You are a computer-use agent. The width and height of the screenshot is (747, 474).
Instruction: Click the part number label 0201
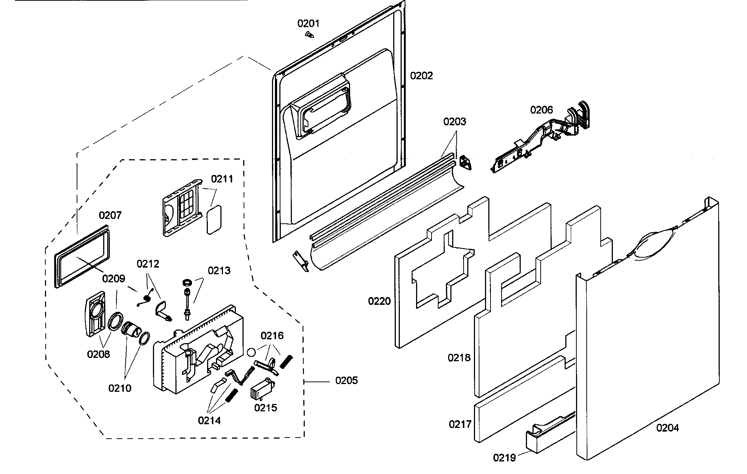click(308, 24)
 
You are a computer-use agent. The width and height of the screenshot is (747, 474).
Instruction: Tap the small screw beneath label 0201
click(310, 35)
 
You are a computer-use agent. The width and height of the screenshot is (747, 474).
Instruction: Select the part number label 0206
click(541, 109)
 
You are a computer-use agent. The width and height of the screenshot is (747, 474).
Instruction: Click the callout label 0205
click(346, 380)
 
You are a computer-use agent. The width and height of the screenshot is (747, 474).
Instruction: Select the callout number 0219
click(505, 458)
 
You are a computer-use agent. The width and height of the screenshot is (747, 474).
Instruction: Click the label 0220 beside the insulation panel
click(379, 301)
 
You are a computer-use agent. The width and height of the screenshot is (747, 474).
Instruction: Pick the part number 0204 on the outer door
click(667, 428)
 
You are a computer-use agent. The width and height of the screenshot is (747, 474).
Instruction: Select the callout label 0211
click(222, 179)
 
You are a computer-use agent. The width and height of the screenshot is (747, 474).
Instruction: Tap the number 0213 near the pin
click(219, 271)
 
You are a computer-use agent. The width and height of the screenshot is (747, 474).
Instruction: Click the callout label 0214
click(209, 420)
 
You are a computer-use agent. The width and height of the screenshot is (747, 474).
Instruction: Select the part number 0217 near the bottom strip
click(460, 424)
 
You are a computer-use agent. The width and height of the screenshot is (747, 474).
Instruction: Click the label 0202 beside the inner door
click(421, 76)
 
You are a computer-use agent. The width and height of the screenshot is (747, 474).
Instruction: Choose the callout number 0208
click(98, 354)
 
